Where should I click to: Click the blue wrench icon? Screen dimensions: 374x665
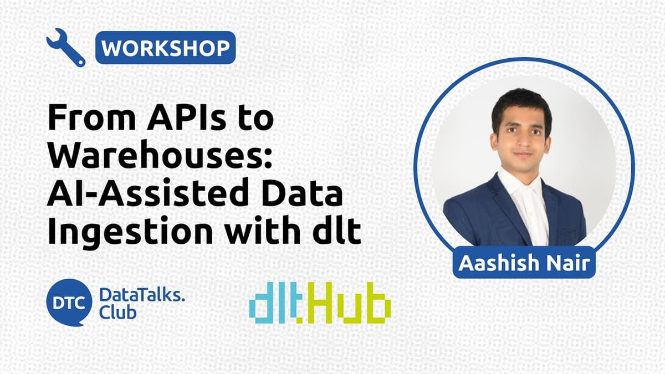(65, 48)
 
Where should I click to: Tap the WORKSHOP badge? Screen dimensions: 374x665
(166, 48)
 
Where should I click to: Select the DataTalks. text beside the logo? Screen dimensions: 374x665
(142, 295)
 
